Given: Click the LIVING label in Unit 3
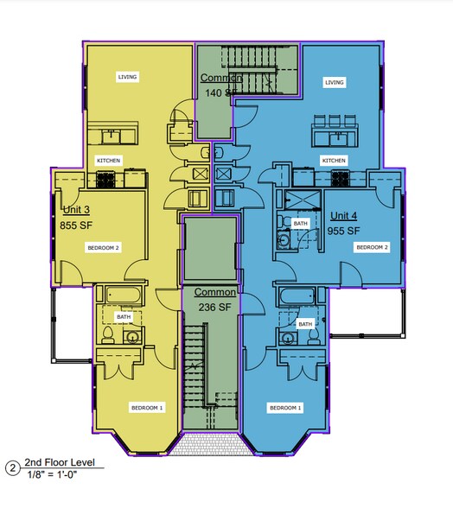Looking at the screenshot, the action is [x=127, y=77].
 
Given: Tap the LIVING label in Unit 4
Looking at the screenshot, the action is [x=335, y=82].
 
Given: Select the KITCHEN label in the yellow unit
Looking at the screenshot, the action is [x=109, y=161].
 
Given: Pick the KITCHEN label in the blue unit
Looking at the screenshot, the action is [x=334, y=161].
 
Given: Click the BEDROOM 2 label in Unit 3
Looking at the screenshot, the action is [x=103, y=248].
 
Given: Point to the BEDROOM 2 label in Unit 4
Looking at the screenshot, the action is [x=372, y=247].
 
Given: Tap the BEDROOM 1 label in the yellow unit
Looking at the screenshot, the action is [x=147, y=408].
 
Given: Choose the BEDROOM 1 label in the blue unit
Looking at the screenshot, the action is [x=285, y=408].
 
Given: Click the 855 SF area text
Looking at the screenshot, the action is [x=76, y=225].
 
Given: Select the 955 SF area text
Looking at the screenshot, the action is [x=344, y=231].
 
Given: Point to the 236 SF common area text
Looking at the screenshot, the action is [x=215, y=308].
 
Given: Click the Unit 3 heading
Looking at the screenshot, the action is [x=76, y=210].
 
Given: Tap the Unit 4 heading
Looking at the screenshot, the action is [x=344, y=216].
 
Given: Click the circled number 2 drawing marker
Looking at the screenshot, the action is [x=13, y=468].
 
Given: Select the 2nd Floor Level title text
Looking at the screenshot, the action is [x=60, y=462].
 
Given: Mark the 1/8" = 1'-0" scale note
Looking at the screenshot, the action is [x=52, y=474].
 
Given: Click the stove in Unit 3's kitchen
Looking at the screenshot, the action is [x=105, y=180].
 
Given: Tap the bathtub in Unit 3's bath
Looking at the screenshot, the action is [x=123, y=295].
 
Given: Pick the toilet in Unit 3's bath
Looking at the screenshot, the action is [x=108, y=335].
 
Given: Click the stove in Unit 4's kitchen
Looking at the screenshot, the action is [x=340, y=179].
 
